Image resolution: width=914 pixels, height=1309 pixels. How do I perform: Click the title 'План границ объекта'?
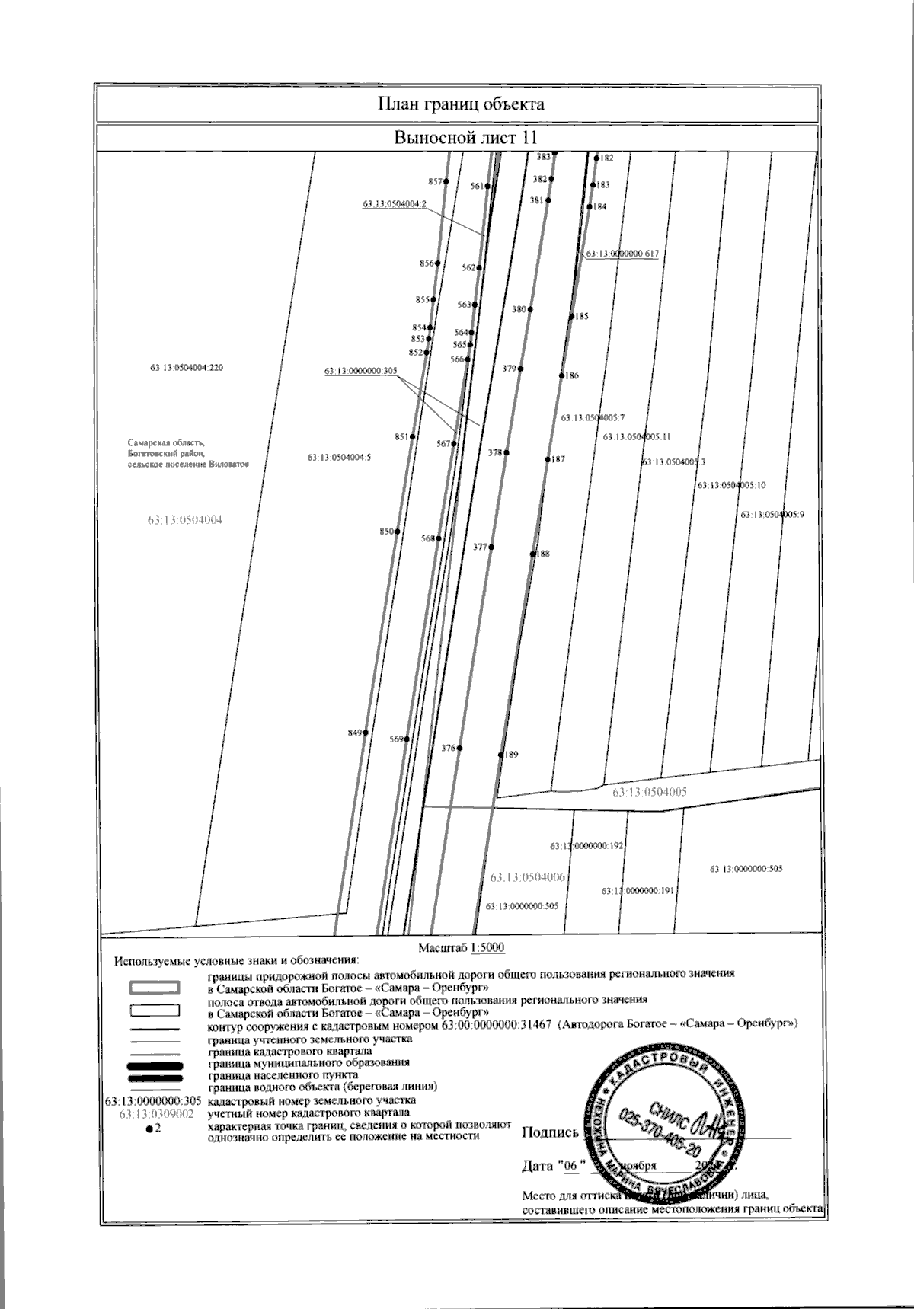(x=461, y=104)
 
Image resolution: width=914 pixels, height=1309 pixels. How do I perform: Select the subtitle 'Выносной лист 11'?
(x=465, y=138)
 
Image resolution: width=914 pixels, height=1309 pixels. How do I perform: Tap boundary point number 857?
(x=446, y=181)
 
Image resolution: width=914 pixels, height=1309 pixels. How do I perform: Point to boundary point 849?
(x=366, y=733)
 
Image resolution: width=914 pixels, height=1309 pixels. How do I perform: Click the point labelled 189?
(x=500, y=755)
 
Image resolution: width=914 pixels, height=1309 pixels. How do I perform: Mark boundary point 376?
(x=459, y=749)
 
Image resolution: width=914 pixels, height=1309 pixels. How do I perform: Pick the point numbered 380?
(x=530, y=310)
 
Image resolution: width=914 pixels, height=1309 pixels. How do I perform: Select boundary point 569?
(x=407, y=739)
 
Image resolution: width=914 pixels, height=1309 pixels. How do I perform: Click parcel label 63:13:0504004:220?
(x=187, y=368)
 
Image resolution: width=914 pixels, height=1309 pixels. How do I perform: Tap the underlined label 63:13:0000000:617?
(x=621, y=254)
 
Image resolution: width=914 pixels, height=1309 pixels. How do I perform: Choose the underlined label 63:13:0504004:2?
(x=395, y=204)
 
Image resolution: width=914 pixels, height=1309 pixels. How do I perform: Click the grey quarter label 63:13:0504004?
(x=189, y=521)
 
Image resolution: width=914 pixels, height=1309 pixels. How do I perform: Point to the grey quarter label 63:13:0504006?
(x=528, y=877)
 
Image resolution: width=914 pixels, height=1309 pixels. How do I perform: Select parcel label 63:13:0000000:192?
(x=586, y=846)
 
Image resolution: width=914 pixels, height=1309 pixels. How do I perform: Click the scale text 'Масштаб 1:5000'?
(x=462, y=948)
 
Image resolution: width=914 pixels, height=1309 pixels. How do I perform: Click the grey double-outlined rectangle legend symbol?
(x=155, y=988)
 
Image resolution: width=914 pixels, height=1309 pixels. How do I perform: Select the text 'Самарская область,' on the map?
(x=166, y=442)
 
